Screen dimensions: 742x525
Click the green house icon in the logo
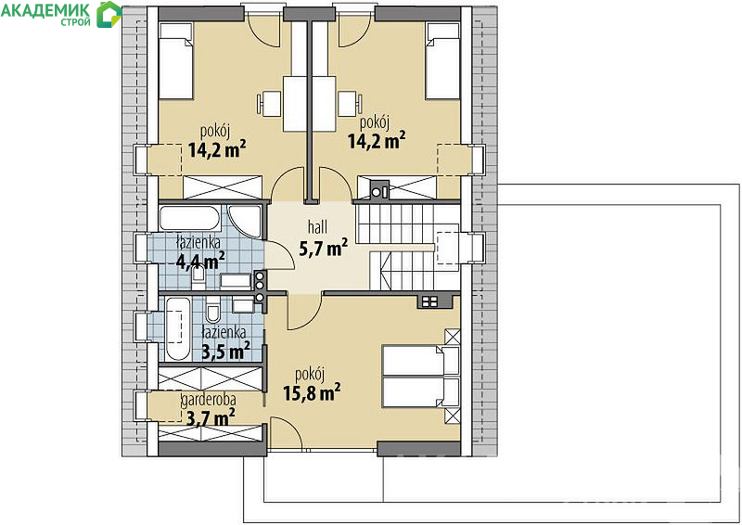pyautogui.click(x=109, y=14)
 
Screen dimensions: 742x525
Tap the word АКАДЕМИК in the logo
pyautogui.click(x=45, y=9)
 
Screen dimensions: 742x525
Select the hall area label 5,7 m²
pyautogui.click(x=323, y=247)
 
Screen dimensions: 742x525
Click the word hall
pyautogui.click(x=317, y=227)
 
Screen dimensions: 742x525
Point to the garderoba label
pyautogui.click(x=209, y=401)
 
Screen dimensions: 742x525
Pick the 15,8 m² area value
pyautogui.click(x=312, y=392)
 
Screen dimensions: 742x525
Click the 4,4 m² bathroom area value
pyautogui.click(x=200, y=261)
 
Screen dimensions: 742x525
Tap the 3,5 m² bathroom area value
pyautogui.click(x=226, y=352)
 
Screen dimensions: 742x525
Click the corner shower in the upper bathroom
pyautogui.click(x=245, y=220)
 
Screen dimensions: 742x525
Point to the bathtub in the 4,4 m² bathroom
pyautogui.click(x=189, y=218)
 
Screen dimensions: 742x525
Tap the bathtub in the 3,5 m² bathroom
pyautogui.click(x=178, y=328)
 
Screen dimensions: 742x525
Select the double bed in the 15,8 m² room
pyautogui.click(x=421, y=377)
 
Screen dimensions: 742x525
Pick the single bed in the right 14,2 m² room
pyautogui.click(x=443, y=61)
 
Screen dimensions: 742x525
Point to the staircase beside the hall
pyautogui.click(x=407, y=246)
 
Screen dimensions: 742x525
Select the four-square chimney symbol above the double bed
pyautogui.click(x=429, y=301)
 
